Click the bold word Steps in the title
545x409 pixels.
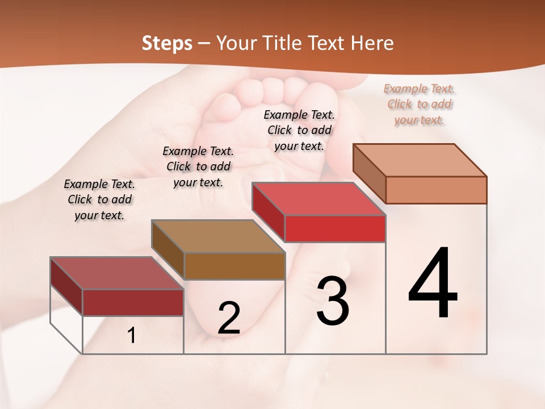(167, 43)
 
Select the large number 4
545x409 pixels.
(433, 284)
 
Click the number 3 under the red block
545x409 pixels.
(333, 301)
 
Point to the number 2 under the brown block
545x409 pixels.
(229, 318)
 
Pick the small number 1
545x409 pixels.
(132, 335)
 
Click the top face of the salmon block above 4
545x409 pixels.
(420, 160)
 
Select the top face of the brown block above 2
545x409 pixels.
(218, 236)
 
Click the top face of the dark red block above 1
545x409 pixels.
(117, 273)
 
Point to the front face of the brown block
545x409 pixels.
(234, 266)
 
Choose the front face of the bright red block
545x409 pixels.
(336, 229)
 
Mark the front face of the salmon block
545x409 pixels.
(437, 190)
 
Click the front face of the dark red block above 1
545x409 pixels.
(133, 303)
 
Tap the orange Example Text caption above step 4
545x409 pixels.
(419, 105)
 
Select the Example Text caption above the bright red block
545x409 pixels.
(299, 131)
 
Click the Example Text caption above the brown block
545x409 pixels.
(198, 167)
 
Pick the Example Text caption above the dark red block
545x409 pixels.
(99, 200)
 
